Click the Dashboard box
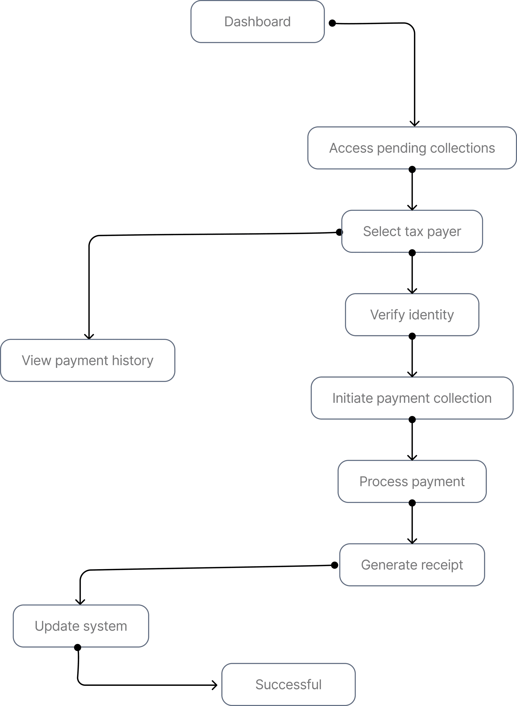pos(258,22)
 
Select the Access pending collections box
pos(412,148)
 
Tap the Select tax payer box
pos(412,231)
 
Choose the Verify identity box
pos(412,315)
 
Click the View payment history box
pos(88,361)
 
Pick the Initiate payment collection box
pos(412,398)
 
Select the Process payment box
pos(412,481)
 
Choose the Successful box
pos(288,684)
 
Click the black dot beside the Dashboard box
pos(332,23)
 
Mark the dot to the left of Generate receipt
pos(335,565)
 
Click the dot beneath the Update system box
pos(78,647)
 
